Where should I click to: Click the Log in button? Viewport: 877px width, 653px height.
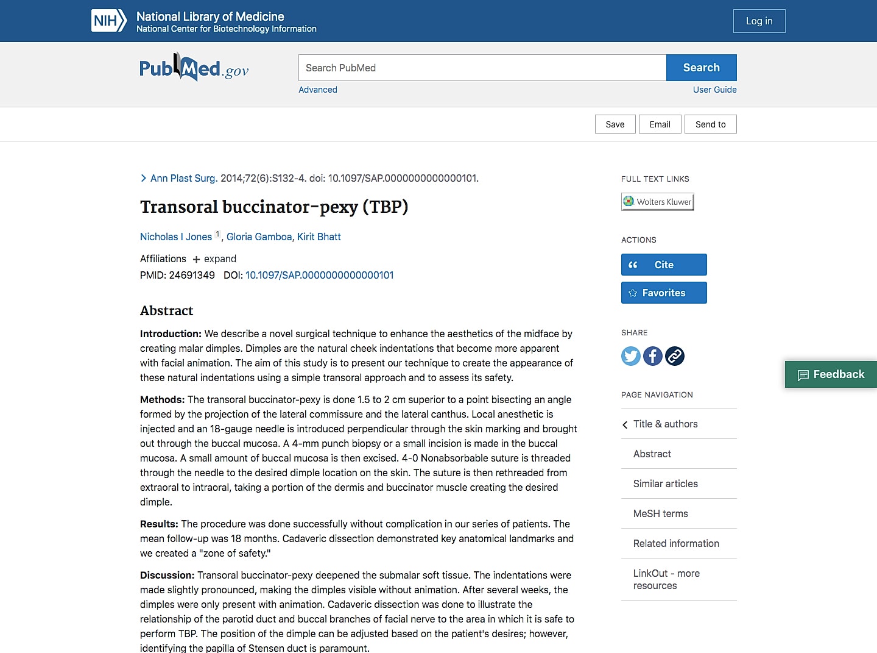click(x=759, y=21)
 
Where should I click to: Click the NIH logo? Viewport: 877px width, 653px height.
click(x=109, y=21)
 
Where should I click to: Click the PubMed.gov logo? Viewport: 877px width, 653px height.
click(x=194, y=68)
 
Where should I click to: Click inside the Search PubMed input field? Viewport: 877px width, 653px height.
click(x=482, y=68)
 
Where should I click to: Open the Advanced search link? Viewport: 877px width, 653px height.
click(x=317, y=90)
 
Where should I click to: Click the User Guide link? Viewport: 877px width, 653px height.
click(x=714, y=90)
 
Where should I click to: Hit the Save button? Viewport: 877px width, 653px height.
click(x=615, y=124)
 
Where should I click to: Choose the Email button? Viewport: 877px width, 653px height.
click(x=660, y=124)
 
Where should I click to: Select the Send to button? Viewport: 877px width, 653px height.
click(x=710, y=124)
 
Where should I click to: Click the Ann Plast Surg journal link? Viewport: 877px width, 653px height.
click(x=183, y=178)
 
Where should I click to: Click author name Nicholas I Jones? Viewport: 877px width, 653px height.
click(x=176, y=237)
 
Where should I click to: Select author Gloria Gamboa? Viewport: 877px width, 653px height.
click(x=259, y=237)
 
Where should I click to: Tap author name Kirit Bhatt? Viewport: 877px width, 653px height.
click(x=319, y=237)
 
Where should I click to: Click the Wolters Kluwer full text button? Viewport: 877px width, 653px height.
click(x=657, y=202)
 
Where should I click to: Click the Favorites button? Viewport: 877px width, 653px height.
click(x=664, y=293)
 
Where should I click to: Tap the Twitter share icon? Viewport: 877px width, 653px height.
click(x=631, y=356)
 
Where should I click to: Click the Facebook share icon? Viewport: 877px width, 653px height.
click(x=653, y=356)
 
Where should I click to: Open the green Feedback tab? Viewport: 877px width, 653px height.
click(x=831, y=374)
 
